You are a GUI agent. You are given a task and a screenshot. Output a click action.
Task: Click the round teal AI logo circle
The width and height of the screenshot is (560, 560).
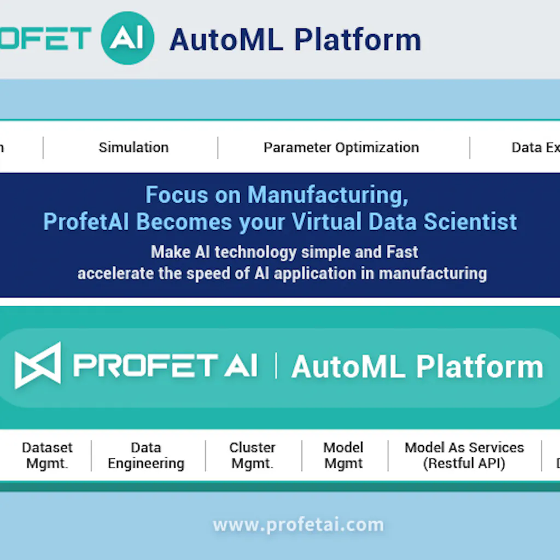click(x=127, y=38)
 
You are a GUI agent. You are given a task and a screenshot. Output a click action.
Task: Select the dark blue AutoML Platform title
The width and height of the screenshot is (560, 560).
click(x=295, y=39)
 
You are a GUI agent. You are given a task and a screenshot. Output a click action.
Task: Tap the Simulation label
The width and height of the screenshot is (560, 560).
click(x=133, y=148)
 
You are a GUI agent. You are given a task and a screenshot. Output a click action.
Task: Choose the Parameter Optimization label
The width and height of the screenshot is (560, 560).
click(x=341, y=148)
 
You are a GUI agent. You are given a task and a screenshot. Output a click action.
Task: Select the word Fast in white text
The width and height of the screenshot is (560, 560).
click(x=400, y=252)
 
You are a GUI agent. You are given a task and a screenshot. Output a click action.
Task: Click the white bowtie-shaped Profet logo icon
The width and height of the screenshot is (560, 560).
click(x=38, y=365)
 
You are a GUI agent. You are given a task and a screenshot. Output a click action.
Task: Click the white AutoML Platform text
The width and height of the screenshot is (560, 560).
click(x=417, y=366)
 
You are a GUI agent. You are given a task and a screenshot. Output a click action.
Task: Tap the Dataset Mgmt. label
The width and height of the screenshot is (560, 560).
click(x=48, y=456)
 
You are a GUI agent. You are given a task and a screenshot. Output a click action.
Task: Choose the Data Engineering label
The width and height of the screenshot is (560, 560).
click(x=146, y=456)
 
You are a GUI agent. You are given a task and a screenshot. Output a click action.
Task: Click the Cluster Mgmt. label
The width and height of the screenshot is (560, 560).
click(x=252, y=456)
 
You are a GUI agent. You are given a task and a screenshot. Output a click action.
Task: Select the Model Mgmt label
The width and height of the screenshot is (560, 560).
click(x=343, y=456)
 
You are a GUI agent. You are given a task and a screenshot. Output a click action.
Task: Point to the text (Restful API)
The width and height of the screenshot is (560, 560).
click(x=464, y=464)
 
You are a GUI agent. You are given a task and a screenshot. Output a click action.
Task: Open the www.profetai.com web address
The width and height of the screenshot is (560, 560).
click(x=299, y=525)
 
